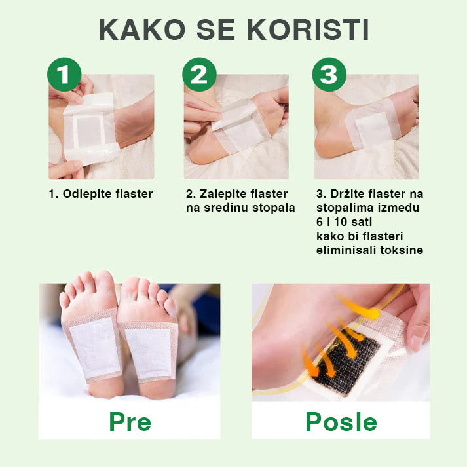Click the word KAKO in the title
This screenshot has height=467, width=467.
[x=141, y=29]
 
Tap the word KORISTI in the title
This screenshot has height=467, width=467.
[x=308, y=29]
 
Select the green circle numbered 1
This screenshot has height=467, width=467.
[x=64, y=75]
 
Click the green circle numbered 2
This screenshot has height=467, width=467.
[x=199, y=75]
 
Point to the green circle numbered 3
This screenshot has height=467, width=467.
[x=329, y=75]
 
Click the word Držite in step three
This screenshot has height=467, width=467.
[x=347, y=194]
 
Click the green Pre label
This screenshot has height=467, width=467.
[x=130, y=421]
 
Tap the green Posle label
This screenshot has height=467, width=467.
[x=341, y=421]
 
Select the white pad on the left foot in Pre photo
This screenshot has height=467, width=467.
[x=95, y=347]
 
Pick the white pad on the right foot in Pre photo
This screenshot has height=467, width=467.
[x=148, y=352]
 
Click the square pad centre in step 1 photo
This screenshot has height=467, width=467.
[x=89, y=132]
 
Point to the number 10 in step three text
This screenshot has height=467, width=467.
[x=340, y=222]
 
